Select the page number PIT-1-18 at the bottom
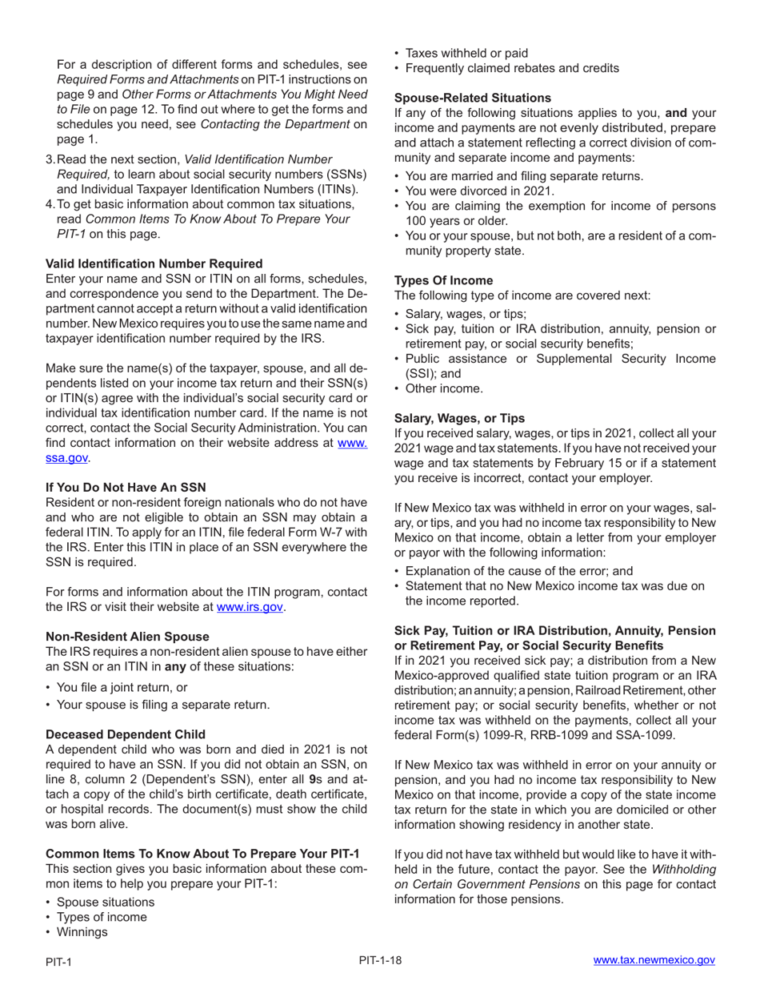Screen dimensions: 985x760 380,959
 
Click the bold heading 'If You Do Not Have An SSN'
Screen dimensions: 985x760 126,487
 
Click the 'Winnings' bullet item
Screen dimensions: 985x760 82,931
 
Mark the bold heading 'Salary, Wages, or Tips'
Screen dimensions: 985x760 460,418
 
